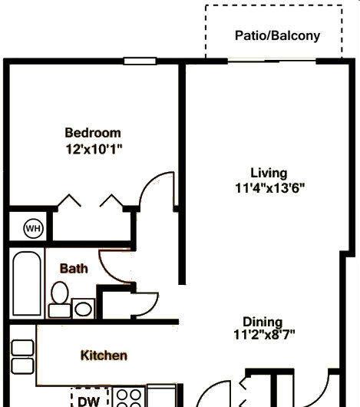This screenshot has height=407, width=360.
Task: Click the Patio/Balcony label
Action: (277, 36)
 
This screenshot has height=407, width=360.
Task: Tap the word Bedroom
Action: (93, 133)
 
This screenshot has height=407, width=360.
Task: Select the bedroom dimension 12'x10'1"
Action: (94, 149)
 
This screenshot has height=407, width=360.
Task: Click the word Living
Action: (269, 174)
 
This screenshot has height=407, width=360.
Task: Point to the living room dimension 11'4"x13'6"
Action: (269, 188)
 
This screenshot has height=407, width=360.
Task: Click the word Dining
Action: (263, 322)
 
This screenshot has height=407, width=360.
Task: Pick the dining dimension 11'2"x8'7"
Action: (264, 334)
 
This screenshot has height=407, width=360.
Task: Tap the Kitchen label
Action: (104, 356)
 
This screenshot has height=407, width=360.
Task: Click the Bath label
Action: (74, 269)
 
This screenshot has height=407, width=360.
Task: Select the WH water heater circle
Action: (34, 229)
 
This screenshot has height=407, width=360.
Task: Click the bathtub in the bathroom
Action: (27, 283)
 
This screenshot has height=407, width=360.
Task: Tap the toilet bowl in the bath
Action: (60, 293)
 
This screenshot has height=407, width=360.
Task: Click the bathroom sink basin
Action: (83, 309)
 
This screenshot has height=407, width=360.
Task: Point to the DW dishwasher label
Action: (88, 401)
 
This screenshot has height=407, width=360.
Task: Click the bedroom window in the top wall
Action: (140, 61)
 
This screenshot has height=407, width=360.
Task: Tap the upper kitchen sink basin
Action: (23, 348)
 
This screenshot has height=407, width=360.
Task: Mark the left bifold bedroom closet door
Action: (69, 200)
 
